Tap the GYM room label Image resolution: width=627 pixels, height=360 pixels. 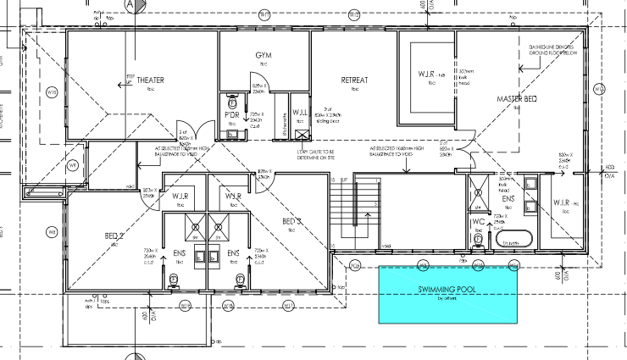point(264,55)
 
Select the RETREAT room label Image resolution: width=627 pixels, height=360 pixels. point(354,80)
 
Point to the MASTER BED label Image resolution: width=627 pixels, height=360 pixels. point(516,99)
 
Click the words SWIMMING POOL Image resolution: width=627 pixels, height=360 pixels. point(447,289)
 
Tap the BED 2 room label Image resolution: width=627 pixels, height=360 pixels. point(115,236)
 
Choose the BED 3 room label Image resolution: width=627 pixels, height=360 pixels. point(290,222)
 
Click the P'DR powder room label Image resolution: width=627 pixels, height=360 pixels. point(231,114)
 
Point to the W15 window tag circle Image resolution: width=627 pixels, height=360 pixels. point(53,91)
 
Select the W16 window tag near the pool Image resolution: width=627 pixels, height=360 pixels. point(356,265)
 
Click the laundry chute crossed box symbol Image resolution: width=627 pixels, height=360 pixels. point(301,132)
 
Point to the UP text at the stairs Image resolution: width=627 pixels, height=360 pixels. point(343,180)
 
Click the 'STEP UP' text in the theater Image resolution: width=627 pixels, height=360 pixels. point(130,77)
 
